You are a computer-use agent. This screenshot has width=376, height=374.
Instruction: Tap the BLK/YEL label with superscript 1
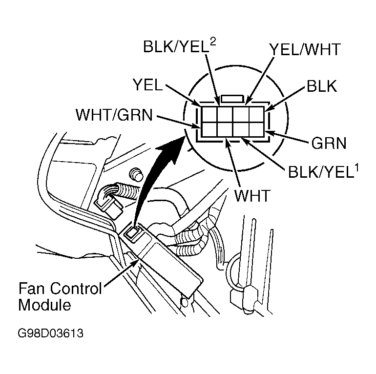317,172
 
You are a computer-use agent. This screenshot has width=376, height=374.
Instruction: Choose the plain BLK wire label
321,86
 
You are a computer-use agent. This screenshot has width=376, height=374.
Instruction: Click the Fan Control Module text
60,296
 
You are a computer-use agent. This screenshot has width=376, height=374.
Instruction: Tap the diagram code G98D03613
50,334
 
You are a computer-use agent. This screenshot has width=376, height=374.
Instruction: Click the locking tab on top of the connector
233,99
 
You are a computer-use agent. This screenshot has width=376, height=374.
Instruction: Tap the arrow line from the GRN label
290,137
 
